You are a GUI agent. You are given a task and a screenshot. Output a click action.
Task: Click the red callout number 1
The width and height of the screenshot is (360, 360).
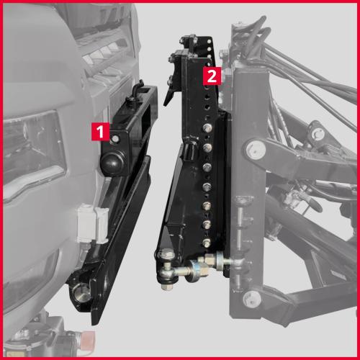[x=100, y=131]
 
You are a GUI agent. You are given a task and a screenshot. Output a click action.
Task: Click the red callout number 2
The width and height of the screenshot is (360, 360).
[x=212, y=76]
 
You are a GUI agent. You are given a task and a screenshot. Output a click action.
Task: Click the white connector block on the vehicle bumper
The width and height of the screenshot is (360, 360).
[x=93, y=223]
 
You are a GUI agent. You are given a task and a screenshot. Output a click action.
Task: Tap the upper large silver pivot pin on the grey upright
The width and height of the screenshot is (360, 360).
[x=256, y=149]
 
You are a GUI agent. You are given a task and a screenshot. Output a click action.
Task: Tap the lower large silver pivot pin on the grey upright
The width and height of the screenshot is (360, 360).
[x=252, y=300]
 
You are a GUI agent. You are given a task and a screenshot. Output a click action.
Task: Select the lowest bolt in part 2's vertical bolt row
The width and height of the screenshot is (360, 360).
[x=206, y=243]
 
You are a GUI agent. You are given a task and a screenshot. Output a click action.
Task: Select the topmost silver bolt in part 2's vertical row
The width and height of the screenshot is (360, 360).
[x=207, y=127]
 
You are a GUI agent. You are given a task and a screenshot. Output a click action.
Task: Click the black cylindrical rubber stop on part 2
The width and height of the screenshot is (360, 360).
[x=190, y=151]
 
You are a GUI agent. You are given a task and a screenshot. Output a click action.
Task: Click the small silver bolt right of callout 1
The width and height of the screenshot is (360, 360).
[x=116, y=139]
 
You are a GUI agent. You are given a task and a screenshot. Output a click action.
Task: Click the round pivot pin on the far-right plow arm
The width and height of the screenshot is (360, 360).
[x=318, y=132]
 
